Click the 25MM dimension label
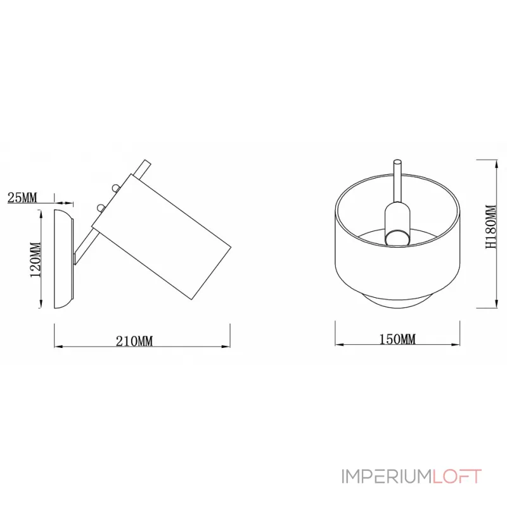point(22,197)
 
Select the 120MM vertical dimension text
point(36,260)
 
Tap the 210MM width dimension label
point(134,341)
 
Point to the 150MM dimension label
point(397,339)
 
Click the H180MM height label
point(491,227)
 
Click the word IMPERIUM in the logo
point(387,477)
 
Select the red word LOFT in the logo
point(457,477)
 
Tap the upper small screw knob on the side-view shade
point(115,188)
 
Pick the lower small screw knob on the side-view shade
point(101,208)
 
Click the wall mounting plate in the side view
point(63,259)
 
